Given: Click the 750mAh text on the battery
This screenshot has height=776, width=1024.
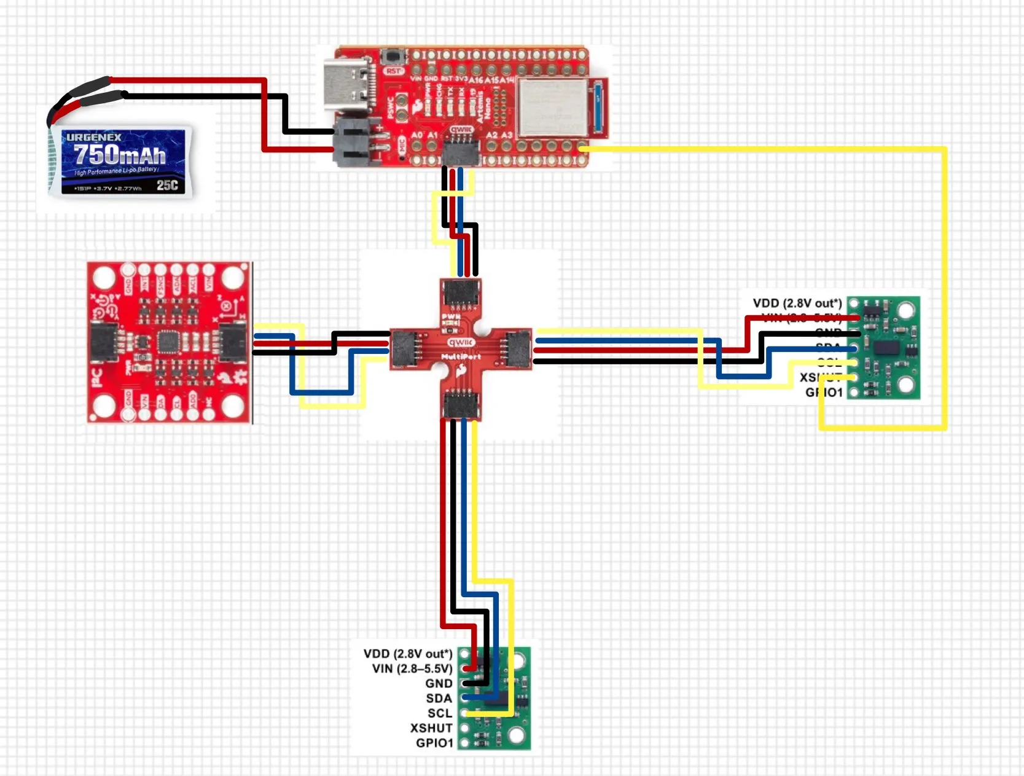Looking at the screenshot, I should tap(120, 155).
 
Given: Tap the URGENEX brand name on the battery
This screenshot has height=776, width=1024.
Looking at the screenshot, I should tap(93, 137).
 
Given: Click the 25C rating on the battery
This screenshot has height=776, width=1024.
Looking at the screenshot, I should tap(167, 185).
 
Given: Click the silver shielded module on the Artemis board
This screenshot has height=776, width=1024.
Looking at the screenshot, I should tap(552, 107).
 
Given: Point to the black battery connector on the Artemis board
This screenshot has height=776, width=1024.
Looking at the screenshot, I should tap(353, 143).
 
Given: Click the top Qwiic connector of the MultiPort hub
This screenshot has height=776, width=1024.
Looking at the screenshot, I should tap(461, 293).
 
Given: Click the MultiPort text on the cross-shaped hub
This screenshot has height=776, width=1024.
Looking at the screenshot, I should tap(461, 356).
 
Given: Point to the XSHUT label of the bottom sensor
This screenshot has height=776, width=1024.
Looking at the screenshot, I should tap(431, 728).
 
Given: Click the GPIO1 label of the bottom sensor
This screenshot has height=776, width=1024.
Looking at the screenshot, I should tap(434, 743).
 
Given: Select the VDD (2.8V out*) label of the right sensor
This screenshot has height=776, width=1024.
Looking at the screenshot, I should tap(797, 303).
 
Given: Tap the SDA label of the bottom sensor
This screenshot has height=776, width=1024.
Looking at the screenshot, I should tap(439, 699).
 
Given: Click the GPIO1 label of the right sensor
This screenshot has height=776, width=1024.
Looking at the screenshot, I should tap(823, 392).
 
